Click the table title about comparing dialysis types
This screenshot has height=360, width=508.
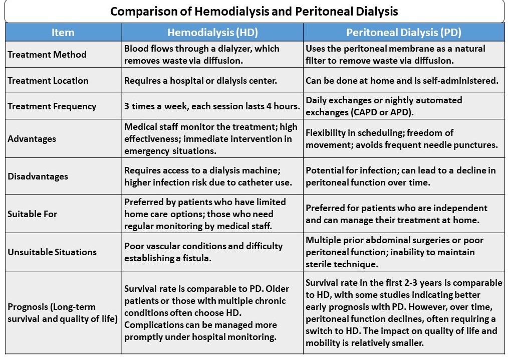point(254,11)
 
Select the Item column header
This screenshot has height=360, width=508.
point(63,33)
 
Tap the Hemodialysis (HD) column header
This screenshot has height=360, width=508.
point(212,33)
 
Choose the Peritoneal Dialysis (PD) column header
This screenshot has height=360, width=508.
point(404,33)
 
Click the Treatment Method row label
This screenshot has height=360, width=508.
point(47,54)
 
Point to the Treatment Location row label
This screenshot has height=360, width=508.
point(48,80)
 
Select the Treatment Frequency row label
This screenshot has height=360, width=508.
point(52,106)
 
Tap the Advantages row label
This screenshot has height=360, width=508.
point(32,139)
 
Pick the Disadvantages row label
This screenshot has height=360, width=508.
point(38,176)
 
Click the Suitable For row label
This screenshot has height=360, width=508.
point(33,214)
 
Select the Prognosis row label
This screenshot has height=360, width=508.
point(52,312)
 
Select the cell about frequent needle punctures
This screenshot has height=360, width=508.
point(401,139)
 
